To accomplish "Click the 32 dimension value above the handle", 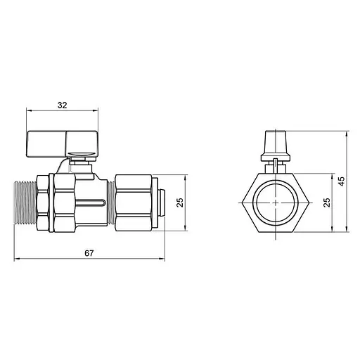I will (61, 105).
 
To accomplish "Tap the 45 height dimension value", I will (342, 181).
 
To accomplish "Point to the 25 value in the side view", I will (180, 202).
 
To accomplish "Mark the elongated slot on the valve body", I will (92, 204).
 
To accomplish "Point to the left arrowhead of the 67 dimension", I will (18, 259).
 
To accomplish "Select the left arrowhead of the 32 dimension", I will (29, 111).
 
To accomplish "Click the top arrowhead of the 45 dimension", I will (347, 134).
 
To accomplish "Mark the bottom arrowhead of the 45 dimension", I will (347, 228).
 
